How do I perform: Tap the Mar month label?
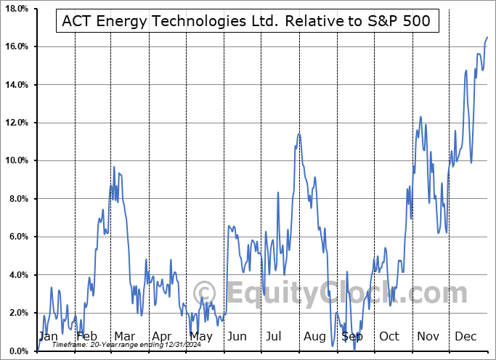123,336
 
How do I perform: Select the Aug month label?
314,336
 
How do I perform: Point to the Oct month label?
389,336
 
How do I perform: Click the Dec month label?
465,336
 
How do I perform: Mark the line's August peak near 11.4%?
298,134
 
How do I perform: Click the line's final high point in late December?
487,37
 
